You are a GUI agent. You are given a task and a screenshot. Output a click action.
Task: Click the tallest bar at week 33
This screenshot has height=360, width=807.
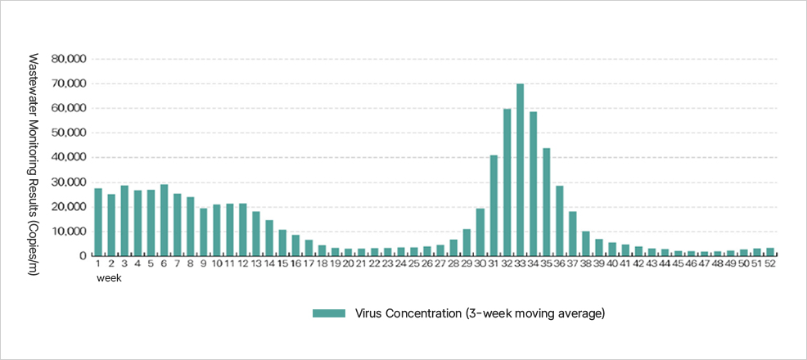click(x=521, y=170)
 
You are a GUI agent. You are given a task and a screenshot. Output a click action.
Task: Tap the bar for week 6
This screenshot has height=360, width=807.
click(x=164, y=220)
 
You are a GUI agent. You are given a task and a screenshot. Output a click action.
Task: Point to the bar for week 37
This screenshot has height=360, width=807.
click(x=573, y=234)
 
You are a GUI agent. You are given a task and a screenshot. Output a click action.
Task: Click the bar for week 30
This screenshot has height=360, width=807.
click(x=481, y=232)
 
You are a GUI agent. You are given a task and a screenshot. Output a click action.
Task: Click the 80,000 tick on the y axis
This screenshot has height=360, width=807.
click(x=69, y=59)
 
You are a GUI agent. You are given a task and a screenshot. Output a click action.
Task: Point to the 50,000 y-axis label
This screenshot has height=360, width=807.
click(x=69, y=133)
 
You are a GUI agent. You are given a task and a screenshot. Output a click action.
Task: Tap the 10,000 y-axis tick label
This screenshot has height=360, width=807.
click(x=69, y=232)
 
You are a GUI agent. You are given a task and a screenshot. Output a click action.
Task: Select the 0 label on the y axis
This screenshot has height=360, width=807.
click(x=83, y=256)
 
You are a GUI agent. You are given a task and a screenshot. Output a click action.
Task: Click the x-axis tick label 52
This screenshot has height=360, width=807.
click(x=770, y=264)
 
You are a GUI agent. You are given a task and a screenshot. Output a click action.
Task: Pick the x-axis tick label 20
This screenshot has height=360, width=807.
click(x=348, y=264)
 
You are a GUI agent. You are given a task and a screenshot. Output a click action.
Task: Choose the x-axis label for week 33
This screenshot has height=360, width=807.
click(x=521, y=264)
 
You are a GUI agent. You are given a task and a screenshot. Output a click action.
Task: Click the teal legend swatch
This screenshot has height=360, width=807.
click(x=327, y=313)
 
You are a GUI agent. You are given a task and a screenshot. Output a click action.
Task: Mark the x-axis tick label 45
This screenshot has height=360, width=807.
click(x=679, y=264)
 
